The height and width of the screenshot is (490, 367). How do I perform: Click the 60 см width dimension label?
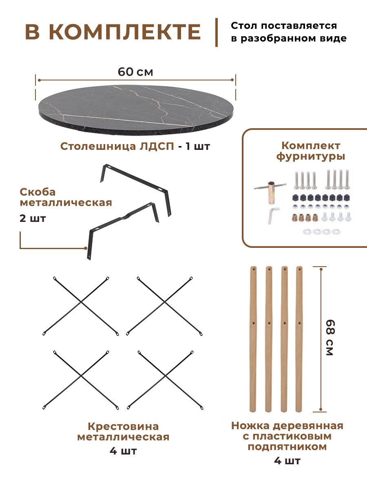(x=135, y=72)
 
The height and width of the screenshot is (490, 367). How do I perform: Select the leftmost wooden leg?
(x=253, y=339)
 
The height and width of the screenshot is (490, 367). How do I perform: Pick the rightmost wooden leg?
(x=299, y=339)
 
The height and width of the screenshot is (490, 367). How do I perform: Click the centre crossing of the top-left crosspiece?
(x=81, y=302)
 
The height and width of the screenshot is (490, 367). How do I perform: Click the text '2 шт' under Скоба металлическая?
(x=33, y=218)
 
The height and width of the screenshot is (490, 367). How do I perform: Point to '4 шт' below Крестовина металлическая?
(x=123, y=451)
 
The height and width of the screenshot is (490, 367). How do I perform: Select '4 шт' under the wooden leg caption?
(x=287, y=461)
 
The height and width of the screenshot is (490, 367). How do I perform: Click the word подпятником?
(x=287, y=447)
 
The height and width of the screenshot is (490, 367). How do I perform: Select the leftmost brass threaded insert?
(x=296, y=217)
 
